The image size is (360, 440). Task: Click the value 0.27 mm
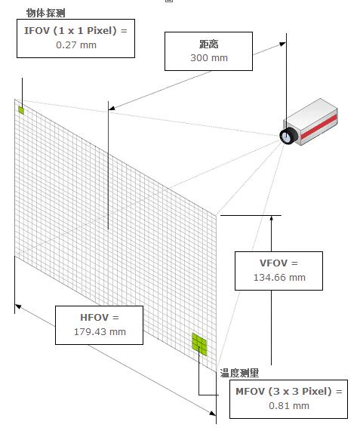[76, 45]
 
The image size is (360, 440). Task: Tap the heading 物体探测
[46, 13]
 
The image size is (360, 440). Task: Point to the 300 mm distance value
[209, 58]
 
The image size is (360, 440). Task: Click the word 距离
[209, 44]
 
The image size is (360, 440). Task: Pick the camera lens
[288, 136]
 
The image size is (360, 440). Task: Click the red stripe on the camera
[319, 127]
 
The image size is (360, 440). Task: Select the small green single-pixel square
[21, 110]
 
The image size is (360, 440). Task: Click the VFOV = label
[278, 263]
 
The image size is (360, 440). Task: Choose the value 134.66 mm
[279, 278]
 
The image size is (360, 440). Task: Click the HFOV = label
[100, 318]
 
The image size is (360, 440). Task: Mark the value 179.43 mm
[100, 331]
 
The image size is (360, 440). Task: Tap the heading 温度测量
[239, 373]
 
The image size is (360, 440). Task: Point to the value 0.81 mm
[289, 405]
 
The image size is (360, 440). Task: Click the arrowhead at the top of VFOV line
[272, 218]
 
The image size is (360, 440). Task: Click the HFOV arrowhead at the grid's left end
[18, 306]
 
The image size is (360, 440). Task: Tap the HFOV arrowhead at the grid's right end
[212, 413]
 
